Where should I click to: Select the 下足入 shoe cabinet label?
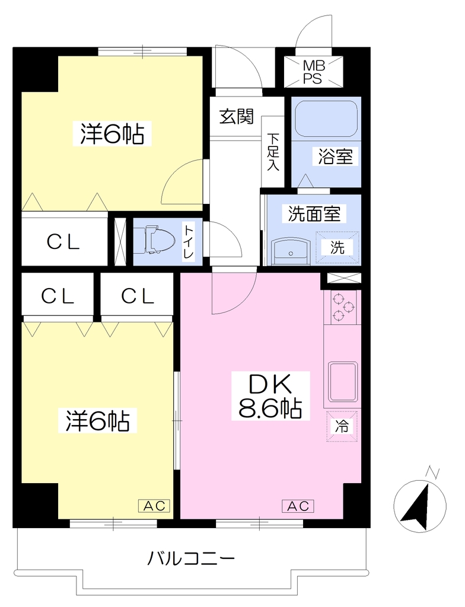click(x=273, y=152)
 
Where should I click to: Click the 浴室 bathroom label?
click(x=335, y=156)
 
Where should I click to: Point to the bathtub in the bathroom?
click(x=326, y=119)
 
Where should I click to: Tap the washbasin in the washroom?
click(x=291, y=251)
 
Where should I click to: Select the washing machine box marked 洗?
click(x=337, y=248)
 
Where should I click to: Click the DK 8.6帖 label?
click(x=270, y=395)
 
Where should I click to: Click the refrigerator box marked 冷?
click(x=342, y=426)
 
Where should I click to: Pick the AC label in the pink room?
click(x=298, y=506)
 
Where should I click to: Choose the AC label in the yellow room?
click(x=154, y=506)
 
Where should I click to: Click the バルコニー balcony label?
click(x=191, y=558)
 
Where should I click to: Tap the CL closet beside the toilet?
click(x=63, y=242)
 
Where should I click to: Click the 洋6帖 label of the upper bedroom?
click(x=112, y=133)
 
